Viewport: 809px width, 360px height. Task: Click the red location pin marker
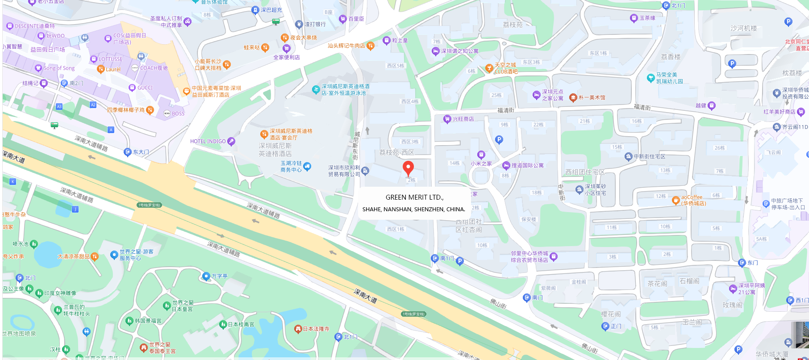408,168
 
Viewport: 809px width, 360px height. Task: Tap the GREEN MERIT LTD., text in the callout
414,197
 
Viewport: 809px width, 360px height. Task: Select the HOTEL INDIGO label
208,142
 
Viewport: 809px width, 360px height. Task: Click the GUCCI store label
145,88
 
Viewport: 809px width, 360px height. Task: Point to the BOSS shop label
178,114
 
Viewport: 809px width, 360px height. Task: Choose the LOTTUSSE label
110,59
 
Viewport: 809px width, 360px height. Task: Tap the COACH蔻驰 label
154,68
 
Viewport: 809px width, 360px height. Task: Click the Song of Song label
59,68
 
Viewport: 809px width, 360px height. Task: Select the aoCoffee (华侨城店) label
693,200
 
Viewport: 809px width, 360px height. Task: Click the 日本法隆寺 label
316,329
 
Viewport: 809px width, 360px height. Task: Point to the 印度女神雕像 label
60,293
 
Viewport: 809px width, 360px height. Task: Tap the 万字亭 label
219,276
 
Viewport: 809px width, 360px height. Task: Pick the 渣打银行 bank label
315,24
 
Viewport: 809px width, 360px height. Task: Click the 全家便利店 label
287,57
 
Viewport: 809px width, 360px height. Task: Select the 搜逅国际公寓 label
527,166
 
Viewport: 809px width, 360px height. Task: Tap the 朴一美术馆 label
592,98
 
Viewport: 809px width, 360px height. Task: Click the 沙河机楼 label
743,29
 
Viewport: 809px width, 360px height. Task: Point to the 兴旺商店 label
463,119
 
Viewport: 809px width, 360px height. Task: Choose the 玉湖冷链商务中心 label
291,167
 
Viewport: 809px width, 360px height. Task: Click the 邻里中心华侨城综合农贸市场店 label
530,256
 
